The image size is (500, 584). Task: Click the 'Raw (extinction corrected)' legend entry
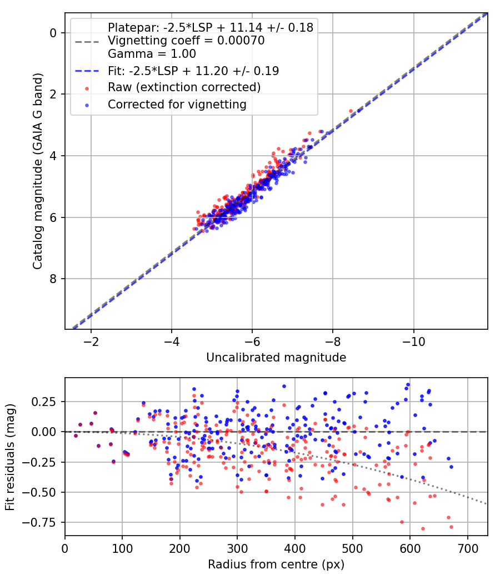pyautogui.click(x=184, y=87)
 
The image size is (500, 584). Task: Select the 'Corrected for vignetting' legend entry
pyautogui.click(x=177, y=104)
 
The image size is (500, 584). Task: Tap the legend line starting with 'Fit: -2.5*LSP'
pyautogui.click(x=193, y=71)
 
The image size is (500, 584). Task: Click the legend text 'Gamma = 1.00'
pyautogui.click(x=152, y=55)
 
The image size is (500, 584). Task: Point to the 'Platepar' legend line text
pyautogui.click(x=211, y=27)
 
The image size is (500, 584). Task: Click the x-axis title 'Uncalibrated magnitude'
pyautogui.click(x=276, y=358)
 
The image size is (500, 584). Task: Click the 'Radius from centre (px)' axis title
pyautogui.click(x=276, y=565)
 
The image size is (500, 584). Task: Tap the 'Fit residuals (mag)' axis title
pyautogui.click(x=10, y=457)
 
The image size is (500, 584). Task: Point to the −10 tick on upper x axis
pyautogui.click(x=413, y=340)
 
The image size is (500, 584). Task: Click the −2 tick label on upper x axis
pyautogui.click(x=91, y=340)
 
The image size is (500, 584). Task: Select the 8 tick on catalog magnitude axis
pyautogui.click(x=54, y=279)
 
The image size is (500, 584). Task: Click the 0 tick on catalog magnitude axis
pyautogui.click(x=54, y=33)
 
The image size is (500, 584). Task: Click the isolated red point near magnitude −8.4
pyautogui.click(x=351, y=111)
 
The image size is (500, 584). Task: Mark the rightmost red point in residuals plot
pyautogui.click(x=451, y=527)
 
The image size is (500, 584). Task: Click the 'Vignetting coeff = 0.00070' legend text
pyautogui.click(x=186, y=41)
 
